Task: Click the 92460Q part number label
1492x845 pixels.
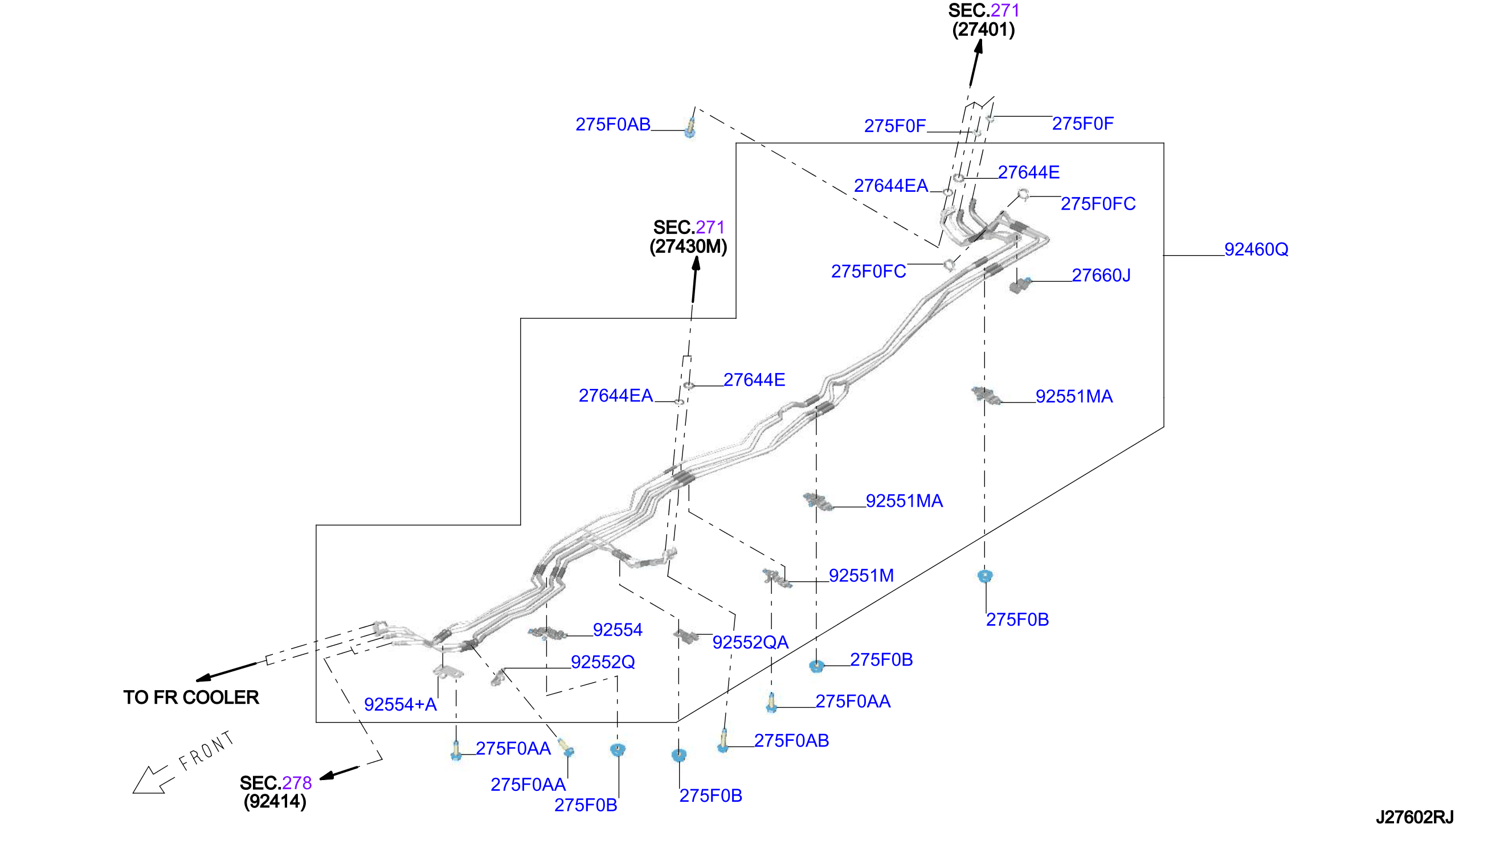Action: point(1256,249)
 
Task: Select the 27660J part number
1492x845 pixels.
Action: point(1101,275)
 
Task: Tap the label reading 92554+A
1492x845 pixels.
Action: point(400,704)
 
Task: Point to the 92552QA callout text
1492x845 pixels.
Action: point(750,642)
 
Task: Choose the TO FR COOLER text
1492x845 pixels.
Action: point(191,697)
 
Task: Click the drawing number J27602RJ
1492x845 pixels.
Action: point(1414,817)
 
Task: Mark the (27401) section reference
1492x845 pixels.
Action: point(983,30)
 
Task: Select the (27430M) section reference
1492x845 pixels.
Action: point(688,247)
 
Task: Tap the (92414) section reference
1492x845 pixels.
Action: point(275,802)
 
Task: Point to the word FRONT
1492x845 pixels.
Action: point(207,750)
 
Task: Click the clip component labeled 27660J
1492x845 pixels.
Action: point(1020,285)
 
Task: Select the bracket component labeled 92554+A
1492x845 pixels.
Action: point(448,672)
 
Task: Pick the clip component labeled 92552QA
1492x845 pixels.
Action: point(685,635)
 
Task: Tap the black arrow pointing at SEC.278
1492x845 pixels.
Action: point(339,773)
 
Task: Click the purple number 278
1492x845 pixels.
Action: point(297,783)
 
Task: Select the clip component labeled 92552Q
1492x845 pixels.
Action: point(498,677)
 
